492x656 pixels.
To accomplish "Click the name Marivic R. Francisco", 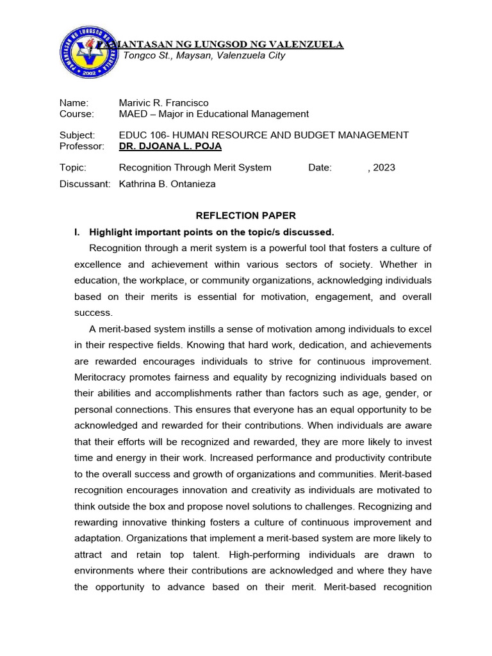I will [163, 102].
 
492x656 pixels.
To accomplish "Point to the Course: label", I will [76, 114].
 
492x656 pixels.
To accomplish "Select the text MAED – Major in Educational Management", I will [213, 114].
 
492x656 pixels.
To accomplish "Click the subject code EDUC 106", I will [143, 135].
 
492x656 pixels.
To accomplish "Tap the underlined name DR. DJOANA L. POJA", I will [170, 146].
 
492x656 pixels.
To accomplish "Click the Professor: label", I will [81, 146].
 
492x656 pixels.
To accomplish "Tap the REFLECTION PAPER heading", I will [246, 216].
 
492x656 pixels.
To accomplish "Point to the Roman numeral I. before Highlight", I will [78, 232].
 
